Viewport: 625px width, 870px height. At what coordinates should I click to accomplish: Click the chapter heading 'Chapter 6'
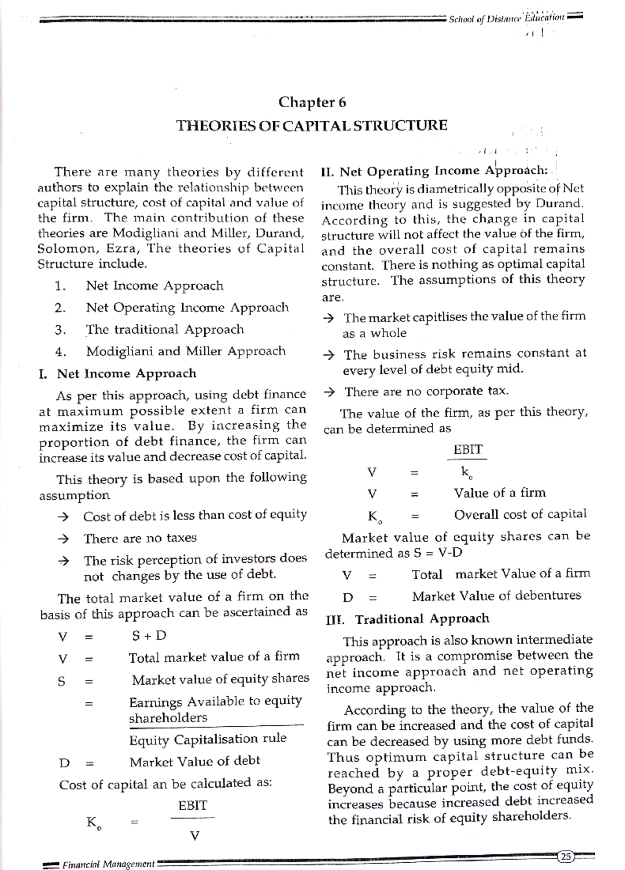312,102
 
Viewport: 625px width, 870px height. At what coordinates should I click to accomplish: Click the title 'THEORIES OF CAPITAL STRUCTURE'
312,126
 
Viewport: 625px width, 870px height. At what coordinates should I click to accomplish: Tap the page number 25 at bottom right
565,856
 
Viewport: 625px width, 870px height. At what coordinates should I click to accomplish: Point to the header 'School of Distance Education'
506,18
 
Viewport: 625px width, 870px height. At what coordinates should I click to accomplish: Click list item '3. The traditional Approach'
165,330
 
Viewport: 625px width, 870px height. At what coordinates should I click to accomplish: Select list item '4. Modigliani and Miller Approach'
185,351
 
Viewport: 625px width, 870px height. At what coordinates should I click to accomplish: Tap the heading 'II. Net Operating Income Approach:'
434,171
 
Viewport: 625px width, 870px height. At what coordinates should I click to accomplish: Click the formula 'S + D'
149,636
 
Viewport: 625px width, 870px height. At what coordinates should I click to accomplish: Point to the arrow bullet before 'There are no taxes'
64,538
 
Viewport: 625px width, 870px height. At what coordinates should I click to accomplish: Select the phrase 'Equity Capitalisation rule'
207,739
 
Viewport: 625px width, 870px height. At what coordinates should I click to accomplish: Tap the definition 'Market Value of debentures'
496,596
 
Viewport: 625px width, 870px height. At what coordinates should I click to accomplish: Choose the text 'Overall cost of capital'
520,515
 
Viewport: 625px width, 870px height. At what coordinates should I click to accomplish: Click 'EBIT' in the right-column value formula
468,449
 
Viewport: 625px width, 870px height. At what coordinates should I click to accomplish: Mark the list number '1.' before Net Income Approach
60,286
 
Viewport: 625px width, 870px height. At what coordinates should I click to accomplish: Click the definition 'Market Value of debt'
194,762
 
